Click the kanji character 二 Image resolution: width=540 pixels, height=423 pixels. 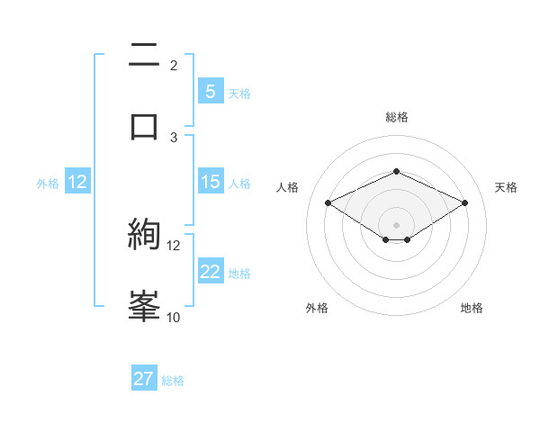tap(144, 56)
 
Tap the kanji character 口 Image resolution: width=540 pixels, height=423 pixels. tap(144, 127)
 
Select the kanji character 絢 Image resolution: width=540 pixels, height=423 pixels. tap(144, 236)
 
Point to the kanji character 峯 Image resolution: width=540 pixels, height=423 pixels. tap(144, 307)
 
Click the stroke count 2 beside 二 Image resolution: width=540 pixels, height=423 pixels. tap(174, 65)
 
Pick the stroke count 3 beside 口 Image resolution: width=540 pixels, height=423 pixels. tap(174, 137)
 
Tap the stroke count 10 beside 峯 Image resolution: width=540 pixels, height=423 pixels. tap(173, 317)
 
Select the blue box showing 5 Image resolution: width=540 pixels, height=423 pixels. tap(210, 92)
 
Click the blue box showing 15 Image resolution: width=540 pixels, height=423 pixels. tap(210, 182)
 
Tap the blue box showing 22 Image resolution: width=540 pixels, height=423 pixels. tap(210, 272)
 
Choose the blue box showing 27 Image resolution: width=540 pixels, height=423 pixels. tap(144, 379)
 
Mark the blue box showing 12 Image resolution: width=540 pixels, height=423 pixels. tap(77, 182)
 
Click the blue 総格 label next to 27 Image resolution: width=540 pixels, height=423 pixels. tap(173, 381)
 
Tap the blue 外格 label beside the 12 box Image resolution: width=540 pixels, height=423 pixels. tap(48, 184)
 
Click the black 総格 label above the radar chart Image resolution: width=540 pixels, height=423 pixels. tap(396, 117)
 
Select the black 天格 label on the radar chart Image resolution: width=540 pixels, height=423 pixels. tap(506, 187)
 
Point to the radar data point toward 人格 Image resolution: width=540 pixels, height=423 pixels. tap(328, 202)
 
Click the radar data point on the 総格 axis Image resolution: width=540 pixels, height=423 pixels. tap(396, 171)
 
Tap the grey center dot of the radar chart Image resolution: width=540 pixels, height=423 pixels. tap(396, 224)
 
